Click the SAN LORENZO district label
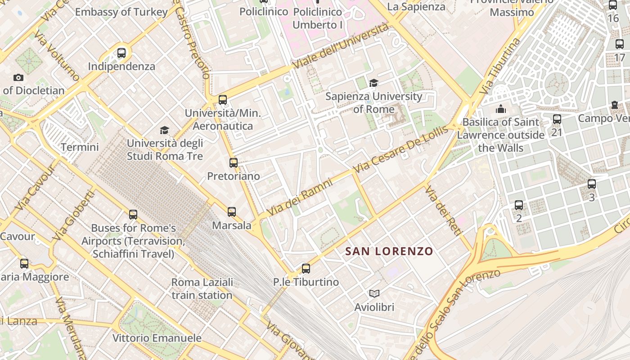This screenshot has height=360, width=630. (x=389, y=251)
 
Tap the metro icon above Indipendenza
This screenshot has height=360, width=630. (x=121, y=53)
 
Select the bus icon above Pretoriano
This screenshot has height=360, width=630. (x=233, y=163)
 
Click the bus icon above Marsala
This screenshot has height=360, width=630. (x=231, y=211)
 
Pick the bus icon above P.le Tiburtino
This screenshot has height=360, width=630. (x=306, y=269)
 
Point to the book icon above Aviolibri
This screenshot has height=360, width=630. (x=374, y=294)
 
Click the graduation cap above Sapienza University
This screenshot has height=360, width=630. (x=373, y=83)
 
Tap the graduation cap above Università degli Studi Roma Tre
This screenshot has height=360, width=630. (x=165, y=130)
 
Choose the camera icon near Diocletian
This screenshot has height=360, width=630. (x=18, y=77)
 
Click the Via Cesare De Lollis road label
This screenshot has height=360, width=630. (x=401, y=150)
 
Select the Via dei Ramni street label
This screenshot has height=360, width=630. (x=300, y=197)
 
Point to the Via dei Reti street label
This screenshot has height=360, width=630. (x=444, y=211)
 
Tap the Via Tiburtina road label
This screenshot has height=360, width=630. (x=500, y=66)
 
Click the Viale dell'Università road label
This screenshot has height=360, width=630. (x=341, y=46)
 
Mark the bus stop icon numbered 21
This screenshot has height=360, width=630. (x=557, y=119)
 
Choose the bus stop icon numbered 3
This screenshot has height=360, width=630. (x=592, y=184)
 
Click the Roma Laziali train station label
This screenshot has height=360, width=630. (x=202, y=288)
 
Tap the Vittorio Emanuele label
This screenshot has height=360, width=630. (x=157, y=338)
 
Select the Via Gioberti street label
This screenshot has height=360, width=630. (x=73, y=216)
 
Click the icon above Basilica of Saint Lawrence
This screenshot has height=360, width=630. (x=501, y=109)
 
